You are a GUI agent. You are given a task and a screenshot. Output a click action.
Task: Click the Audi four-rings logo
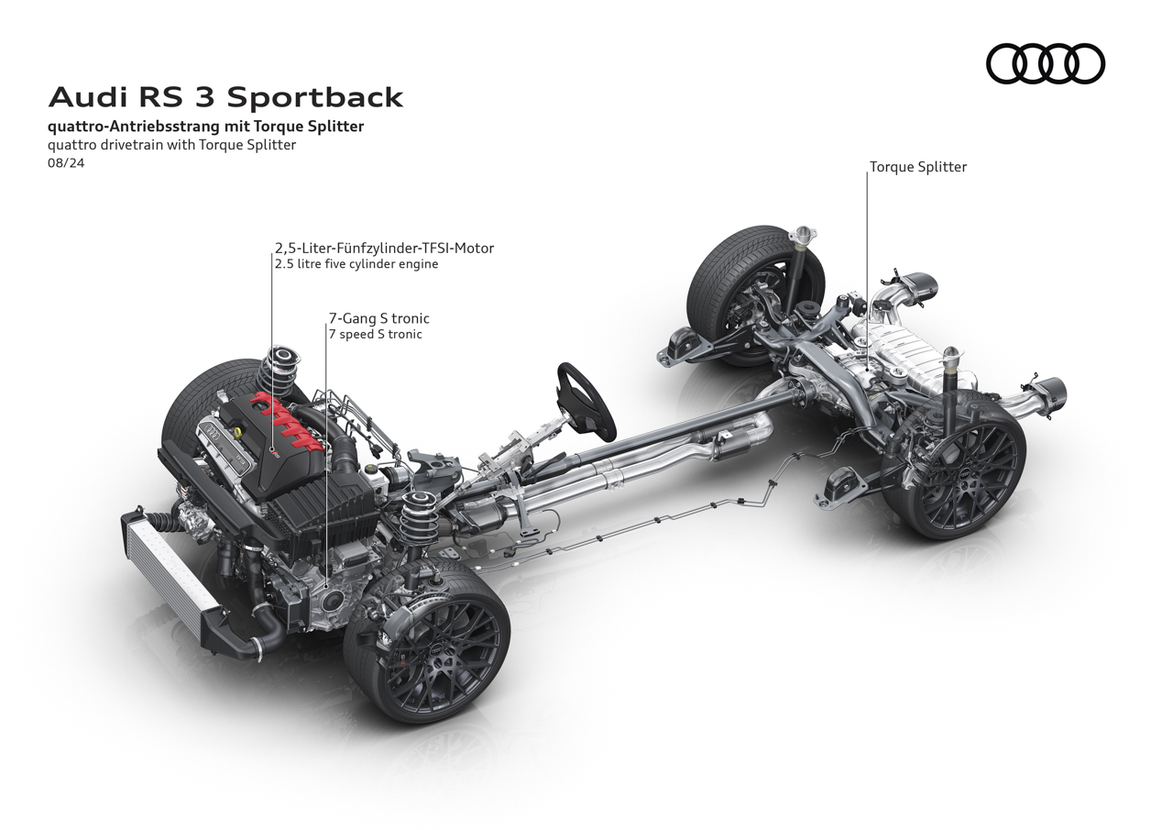(x=1045, y=64)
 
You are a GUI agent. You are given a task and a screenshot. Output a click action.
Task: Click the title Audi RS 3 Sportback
(x=225, y=97)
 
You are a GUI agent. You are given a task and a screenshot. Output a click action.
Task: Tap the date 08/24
(x=66, y=163)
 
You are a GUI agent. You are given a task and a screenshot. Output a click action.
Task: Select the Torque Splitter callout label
(x=918, y=167)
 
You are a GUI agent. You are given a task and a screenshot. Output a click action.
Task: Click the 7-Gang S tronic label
(x=378, y=318)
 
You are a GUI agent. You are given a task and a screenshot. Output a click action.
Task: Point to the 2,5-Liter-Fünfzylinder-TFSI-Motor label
(x=384, y=248)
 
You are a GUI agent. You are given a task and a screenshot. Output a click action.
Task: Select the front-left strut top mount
(x=282, y=357)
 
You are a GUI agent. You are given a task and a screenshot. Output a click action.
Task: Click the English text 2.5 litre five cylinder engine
(x=356, y=264)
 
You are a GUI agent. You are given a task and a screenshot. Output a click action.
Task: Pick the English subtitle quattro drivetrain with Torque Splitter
(x=172, y=144)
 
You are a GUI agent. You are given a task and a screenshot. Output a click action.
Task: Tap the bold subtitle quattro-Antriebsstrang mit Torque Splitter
(x=205, y=127)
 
